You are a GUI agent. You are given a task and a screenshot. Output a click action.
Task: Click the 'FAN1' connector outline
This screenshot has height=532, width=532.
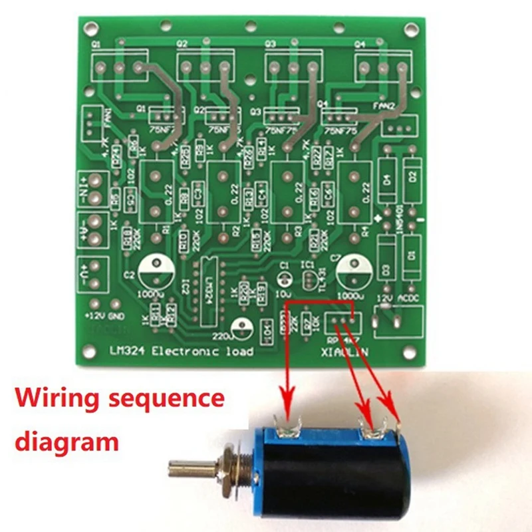coord(90,123)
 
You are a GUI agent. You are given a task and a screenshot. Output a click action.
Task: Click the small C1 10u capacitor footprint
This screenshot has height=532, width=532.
coord(285,277)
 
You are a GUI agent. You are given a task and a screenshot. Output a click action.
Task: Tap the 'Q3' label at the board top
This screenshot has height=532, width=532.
coord(270,44)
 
